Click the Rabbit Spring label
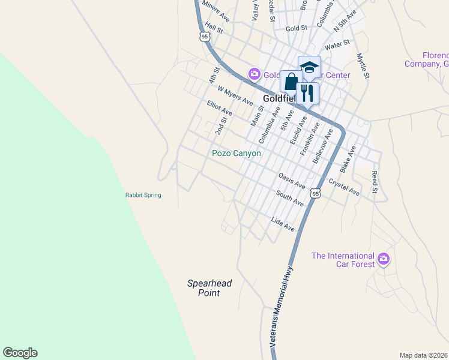point(143,195)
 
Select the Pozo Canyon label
point(237,153)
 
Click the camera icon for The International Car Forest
point(384,260)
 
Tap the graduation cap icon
point(309,67)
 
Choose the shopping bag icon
point(291,82)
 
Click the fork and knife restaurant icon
point(307,93)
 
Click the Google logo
point(20,353)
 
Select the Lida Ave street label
point(283,224)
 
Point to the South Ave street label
point(290,199)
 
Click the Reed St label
point(375,182)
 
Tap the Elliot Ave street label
point(219,108)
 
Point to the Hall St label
point(214,28)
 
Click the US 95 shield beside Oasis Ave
point(316,193)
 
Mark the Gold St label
point(297,28)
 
